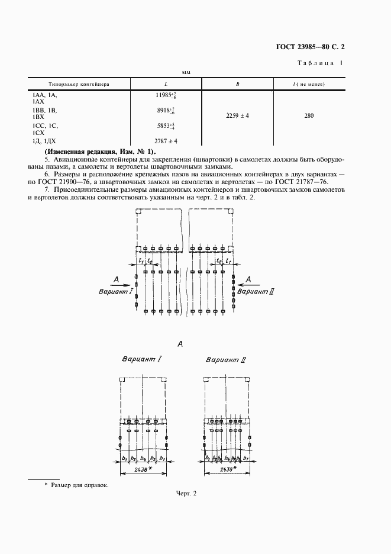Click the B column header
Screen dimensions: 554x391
click(237, 84)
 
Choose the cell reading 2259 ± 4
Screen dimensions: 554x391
click(237, 116)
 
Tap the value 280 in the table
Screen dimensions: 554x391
click(309, 116)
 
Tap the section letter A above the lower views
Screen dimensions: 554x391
click(180, 344)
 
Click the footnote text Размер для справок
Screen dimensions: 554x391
click(80, 485)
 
